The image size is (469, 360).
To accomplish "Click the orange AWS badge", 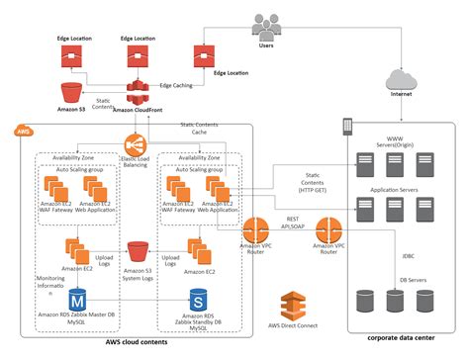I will [x=22, y=130].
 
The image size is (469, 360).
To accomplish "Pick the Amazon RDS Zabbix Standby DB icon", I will [x=198, y=298].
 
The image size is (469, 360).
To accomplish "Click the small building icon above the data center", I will [x=348, y=125].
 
